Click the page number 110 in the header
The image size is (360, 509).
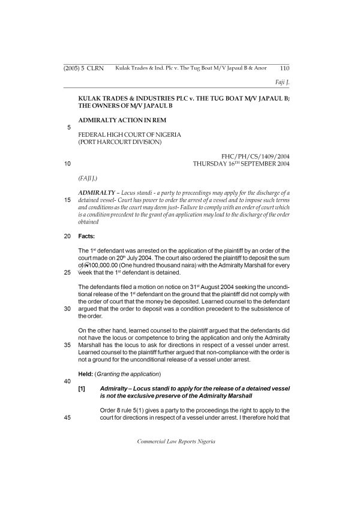(284, 68)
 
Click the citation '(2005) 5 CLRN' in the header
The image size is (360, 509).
(84, 68)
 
